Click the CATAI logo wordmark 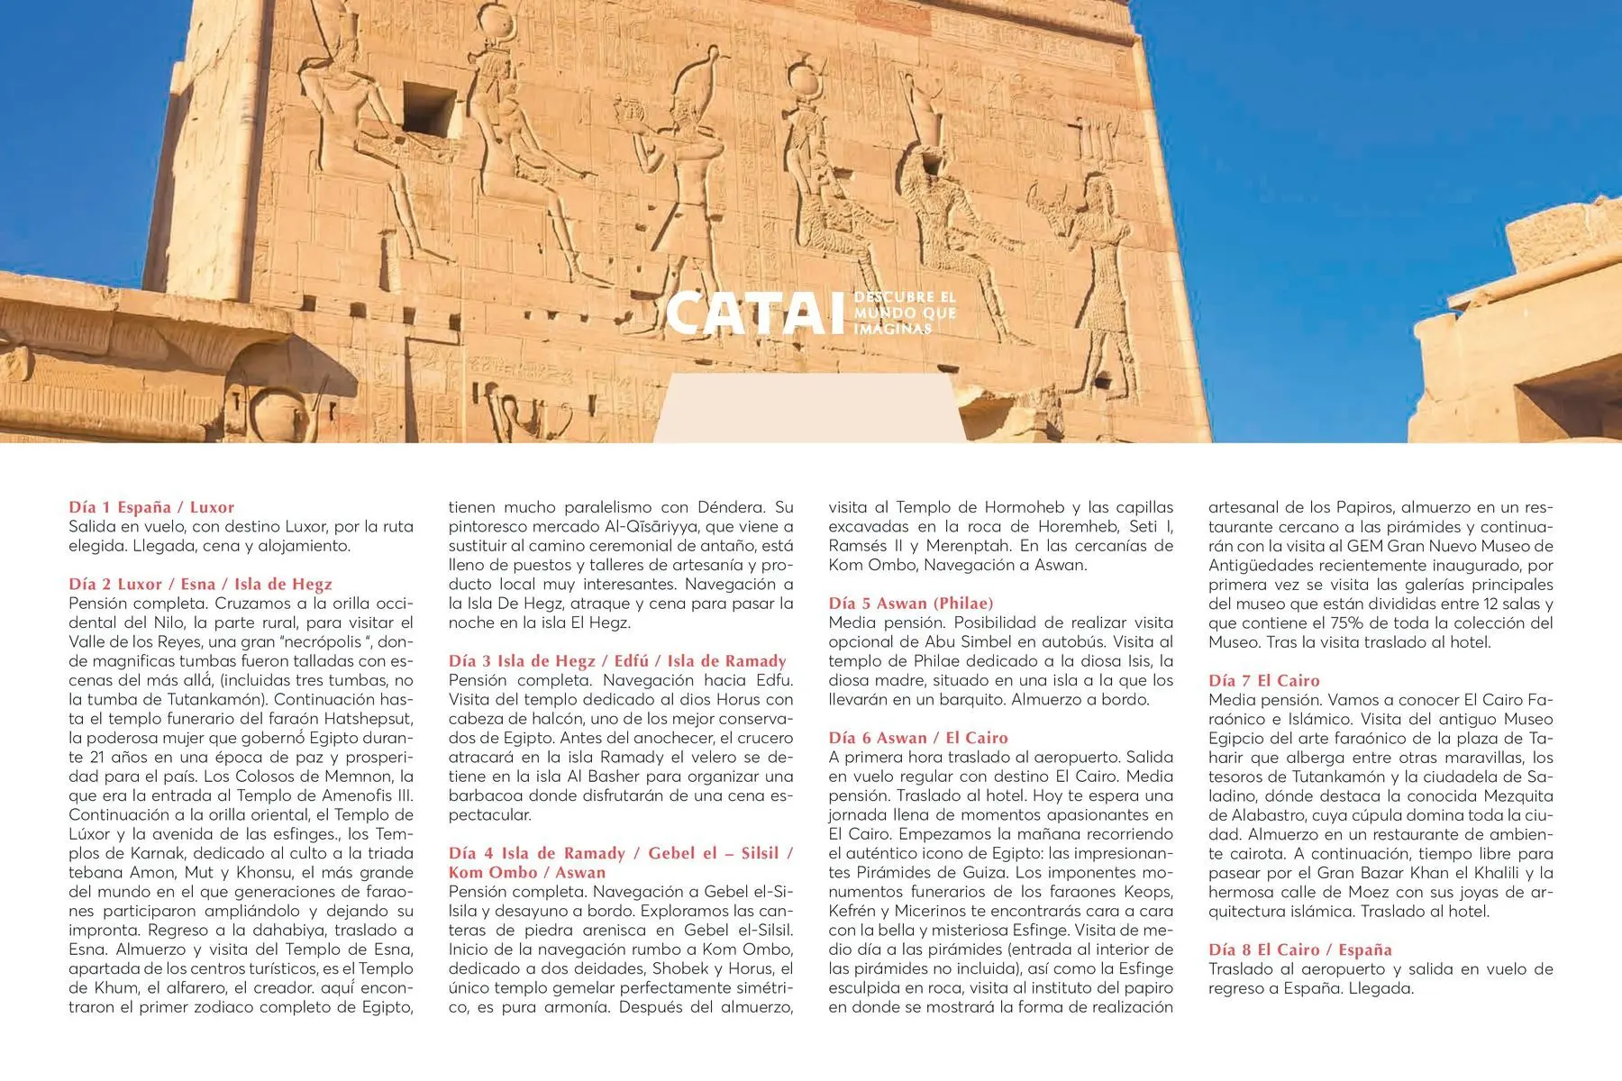(755, 313)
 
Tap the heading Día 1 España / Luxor (151, 507)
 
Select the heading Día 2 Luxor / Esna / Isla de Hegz (200, 584)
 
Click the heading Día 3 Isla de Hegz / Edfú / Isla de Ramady (617, 660)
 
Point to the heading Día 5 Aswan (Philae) (910, 603)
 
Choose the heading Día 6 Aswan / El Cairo (917, 738)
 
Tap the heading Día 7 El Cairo (1263, 680)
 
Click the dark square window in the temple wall (429, 109)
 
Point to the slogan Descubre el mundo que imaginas (904, 313)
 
